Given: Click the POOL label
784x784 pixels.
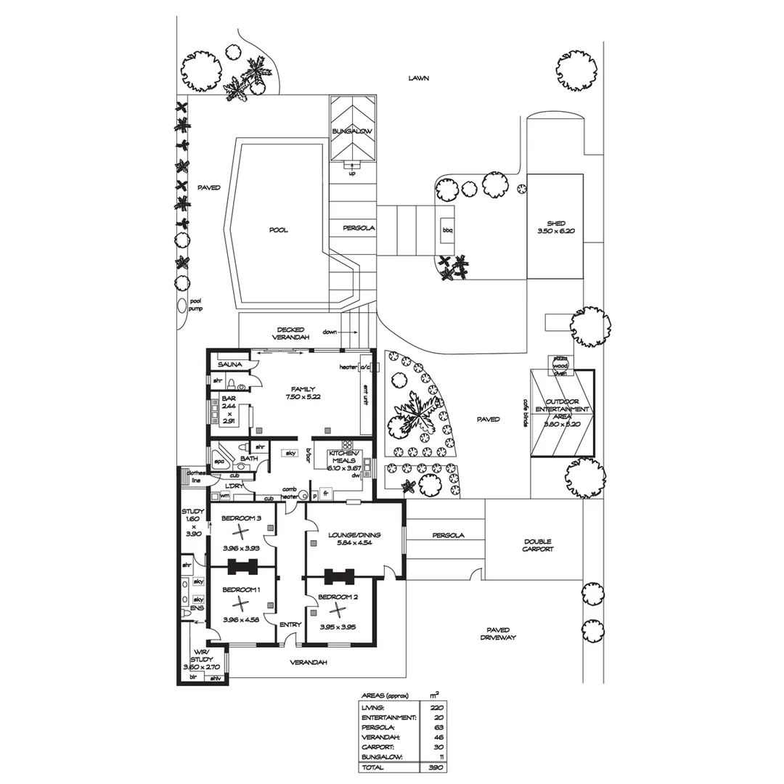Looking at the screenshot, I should tap(278, 230).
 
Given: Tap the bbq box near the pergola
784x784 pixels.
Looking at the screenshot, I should tap(446, 231).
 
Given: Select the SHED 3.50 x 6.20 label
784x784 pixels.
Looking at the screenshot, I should tap(556, 227).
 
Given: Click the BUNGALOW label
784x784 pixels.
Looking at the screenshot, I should tap(352, 131).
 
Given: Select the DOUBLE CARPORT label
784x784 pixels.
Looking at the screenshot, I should tap(537, 545).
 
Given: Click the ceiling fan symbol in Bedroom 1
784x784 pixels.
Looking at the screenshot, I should tap(240, 603).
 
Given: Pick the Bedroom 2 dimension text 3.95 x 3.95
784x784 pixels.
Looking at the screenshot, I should tap(338, 628).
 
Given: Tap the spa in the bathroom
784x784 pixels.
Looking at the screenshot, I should tap(219, 461).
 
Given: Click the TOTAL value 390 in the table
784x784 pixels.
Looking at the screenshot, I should tap(436, 767).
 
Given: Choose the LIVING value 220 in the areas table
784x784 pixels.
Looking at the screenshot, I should tap(436, 706).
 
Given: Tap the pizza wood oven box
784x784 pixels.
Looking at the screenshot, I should tap(560, 366).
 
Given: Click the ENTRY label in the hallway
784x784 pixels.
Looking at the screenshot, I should tap(290, 624).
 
